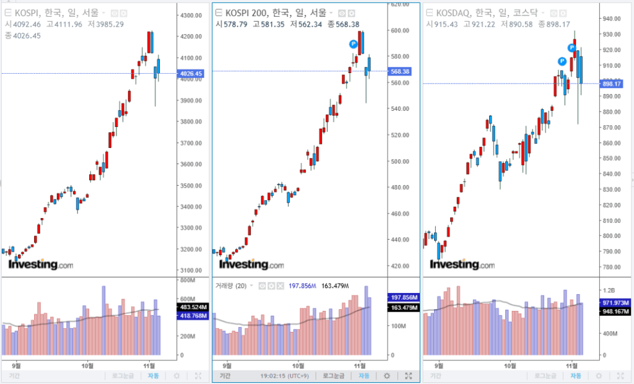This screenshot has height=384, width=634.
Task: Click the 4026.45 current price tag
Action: coord(190,74)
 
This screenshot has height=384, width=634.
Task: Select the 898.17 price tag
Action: coord(612,84)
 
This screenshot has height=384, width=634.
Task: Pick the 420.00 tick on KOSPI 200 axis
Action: coord(401,266)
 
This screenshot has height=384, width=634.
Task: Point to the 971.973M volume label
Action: coord(614,302)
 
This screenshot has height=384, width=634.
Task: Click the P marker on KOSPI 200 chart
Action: coord(353,43)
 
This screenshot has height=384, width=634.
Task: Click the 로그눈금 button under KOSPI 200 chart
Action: coord(333,376)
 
